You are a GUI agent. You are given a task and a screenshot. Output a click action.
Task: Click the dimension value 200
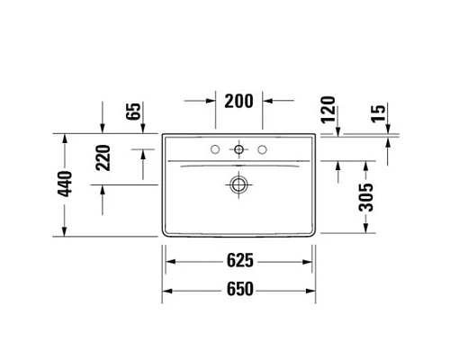[x=238, y=102]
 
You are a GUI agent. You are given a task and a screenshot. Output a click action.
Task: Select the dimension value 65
[x=133, y=112]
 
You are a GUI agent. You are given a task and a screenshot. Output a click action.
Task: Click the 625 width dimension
[x=239, y=262]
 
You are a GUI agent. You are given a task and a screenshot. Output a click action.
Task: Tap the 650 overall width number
[x=239, y=290]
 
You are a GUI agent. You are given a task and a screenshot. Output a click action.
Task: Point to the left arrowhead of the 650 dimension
[x=166, y=290]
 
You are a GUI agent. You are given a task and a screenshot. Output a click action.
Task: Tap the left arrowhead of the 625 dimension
[x=169, y=262]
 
